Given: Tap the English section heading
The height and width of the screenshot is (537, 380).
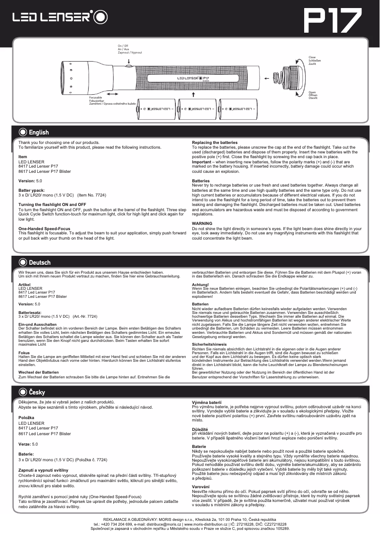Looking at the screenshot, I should click(38, 132).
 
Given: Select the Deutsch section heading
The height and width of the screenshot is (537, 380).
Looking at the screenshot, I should click(39, 262).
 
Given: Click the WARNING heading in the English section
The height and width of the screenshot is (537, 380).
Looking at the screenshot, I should click(202, 223).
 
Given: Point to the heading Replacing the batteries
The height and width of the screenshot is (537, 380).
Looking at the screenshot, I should click(215, 143).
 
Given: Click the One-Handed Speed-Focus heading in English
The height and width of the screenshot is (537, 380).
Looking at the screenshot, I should click(44, 229).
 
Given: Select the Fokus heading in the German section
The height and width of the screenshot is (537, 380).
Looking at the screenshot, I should click(24, 353).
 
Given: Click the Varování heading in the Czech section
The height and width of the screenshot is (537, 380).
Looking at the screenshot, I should click(201, 487).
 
